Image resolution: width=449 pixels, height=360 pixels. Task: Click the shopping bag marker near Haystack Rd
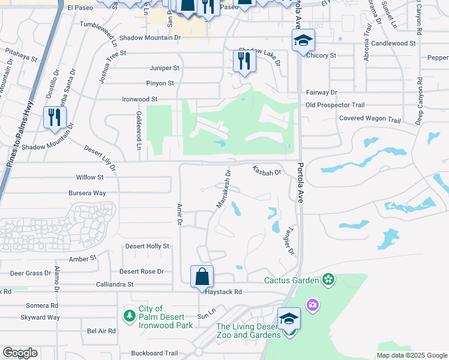pyautogui.click(x=202, y=277)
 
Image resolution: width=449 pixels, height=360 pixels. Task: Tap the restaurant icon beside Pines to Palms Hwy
pyautogui.click(x=55, y=118)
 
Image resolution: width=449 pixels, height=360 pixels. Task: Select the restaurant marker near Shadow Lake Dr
pyautogui.click(x=244, y=62)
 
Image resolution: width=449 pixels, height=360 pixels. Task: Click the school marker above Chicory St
pyautogui.click(x=303, y=41)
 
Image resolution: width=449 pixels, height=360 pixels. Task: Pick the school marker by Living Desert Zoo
pyautogui.click(x=289, y=319)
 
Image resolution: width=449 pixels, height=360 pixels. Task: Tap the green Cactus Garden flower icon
pyautogui.click(x=328, y=279)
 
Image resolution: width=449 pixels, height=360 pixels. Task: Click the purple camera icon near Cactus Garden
pyautogui.click(x=312, y=306)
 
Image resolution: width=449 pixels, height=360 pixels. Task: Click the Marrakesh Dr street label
pyautogui.click(x=223, y=190)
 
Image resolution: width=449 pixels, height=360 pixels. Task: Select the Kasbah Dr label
pyautogui.click(x=267, y=171)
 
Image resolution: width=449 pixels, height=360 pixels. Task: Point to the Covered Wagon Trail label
pyautogui.click(x=369, y=119)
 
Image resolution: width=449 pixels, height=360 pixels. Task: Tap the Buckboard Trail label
pyautogui.click(x=155, y=353)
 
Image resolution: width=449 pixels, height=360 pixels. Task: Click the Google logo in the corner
pyautogui.click(x=20, y=353)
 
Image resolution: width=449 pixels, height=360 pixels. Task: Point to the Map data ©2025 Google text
pyautogui.click(x=411, y=355)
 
